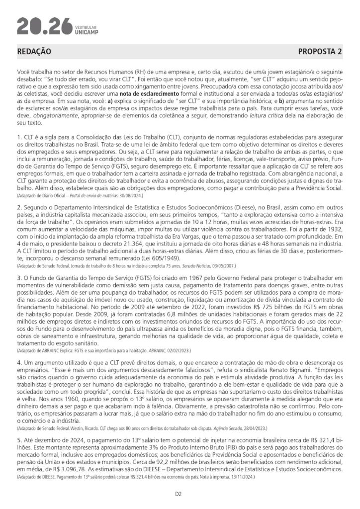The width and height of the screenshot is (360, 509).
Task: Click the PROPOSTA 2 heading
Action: (320, 52)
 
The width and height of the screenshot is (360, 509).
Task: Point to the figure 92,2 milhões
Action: (148, 462)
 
